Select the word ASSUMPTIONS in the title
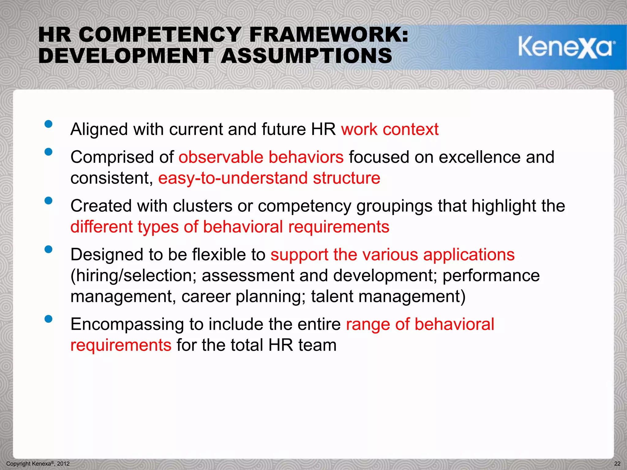[306, 56]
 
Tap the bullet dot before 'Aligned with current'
[48, 124]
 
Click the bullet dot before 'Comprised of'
[48, 152]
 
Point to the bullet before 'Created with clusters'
[48, 200]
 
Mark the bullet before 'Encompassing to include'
[48, 319]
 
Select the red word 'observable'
[221, 157]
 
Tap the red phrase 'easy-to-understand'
[233, 178]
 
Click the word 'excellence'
[479, 157]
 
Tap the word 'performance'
[491, 276]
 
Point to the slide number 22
[617, 464]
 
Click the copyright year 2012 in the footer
[63, 464]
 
